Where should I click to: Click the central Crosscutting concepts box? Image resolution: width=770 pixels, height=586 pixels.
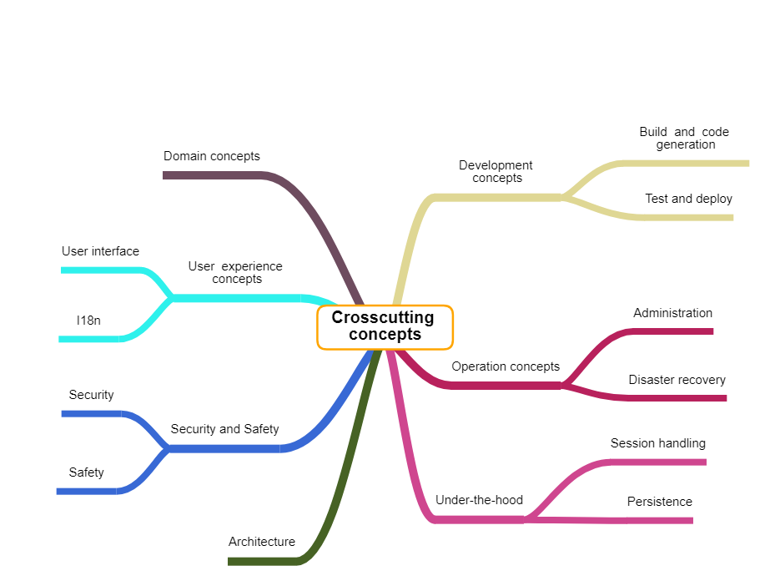pos(385,326)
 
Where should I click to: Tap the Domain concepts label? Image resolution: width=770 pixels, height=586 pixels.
pos(211,156)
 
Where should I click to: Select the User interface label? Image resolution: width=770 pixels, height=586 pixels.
pos(100,251)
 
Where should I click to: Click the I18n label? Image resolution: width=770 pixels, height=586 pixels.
pos(88,320)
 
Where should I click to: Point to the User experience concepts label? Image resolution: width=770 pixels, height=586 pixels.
pos(236,272)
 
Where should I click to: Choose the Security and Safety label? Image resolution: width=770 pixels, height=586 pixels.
pos(224,429)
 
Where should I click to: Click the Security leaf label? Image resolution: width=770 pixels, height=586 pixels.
pos(91,395)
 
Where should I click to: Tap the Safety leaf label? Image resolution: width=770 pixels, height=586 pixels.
pos(86,472)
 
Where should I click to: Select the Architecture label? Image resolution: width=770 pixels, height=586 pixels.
pos(261,542)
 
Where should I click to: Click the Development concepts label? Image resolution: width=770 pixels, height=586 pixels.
pos(496,171)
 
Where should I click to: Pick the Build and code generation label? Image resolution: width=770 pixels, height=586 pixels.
pos(685,138)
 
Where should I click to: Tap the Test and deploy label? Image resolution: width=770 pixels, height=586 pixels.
pos(688,199)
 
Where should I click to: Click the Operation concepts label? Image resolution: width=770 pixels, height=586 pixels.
pos(506,366)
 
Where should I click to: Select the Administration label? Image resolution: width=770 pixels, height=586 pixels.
pos(672,313)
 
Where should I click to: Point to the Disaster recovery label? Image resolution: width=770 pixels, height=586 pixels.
pos(677,380)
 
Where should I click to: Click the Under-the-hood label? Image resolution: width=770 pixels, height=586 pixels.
pos(479,500)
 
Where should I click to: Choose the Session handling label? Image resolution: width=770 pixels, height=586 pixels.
pos(657,443)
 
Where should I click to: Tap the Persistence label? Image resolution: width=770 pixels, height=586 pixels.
pos(659,502)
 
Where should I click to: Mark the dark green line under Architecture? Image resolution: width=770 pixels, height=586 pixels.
pos(262,561)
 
